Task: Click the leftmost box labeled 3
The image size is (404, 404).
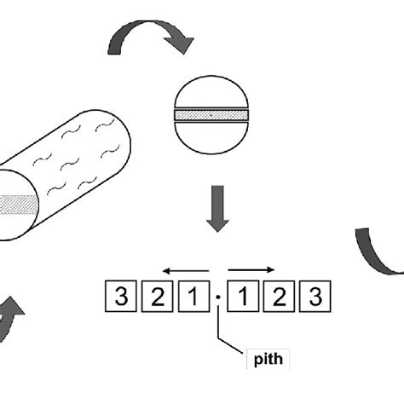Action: point(121,296)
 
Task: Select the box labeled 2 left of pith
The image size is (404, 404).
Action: point(157,296)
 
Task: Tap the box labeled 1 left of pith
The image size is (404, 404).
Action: point(193,296)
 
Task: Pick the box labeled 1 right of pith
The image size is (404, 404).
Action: point(243,296)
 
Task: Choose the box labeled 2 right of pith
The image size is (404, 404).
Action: point(279,296)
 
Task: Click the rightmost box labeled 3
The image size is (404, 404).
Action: point(315,296)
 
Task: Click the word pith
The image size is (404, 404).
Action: point(268,360)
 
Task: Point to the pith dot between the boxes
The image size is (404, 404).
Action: point(218,297)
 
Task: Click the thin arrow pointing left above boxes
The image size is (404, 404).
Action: point(186,271)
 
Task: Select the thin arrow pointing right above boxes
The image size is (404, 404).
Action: point(251,269)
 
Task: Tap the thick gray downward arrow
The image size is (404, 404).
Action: point(217,209)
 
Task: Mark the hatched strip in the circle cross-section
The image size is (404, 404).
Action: point(211,115)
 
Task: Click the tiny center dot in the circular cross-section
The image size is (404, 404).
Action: point(211,115)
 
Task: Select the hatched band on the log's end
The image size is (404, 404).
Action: point(19,205)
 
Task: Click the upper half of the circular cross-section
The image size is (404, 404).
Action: point(211,92)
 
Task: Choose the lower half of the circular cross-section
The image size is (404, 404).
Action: point(211,138)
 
